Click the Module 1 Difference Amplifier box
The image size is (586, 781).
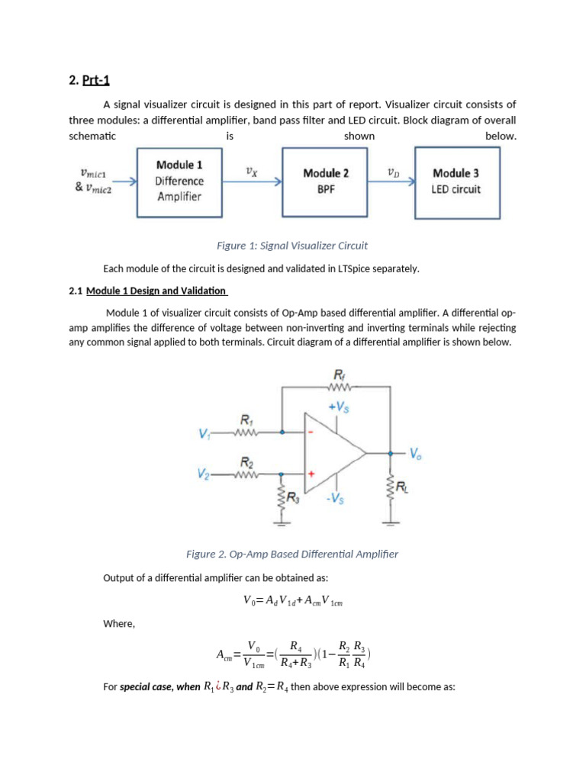[x=179, y=182]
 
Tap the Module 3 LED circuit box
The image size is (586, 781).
[x=456, y=182]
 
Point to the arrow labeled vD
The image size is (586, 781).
[x=392, y=182]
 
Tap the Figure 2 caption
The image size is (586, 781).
[x=292, y=554]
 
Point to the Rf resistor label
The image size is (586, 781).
[x=340, y=374]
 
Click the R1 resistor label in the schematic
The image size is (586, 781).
[x=246, y=419]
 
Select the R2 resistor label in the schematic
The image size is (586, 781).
[x=246, y=462]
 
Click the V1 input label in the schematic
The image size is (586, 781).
[x=204, y=434]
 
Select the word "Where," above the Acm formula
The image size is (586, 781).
[x=119, y=624]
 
